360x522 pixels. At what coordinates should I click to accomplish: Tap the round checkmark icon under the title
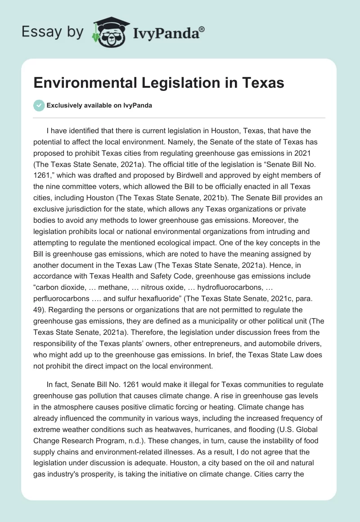(x=39, y=105)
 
